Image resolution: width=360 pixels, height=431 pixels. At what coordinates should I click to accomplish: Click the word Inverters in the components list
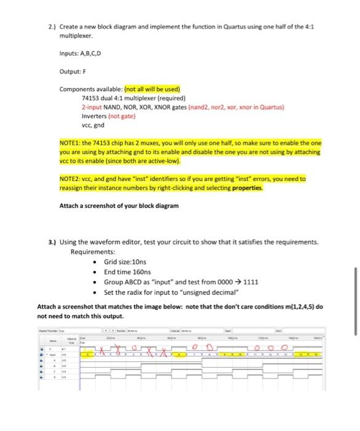pyautogui.click(x=94, y=115)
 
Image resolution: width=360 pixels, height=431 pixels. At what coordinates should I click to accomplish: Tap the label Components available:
pyautogui.click(x=92, y=89)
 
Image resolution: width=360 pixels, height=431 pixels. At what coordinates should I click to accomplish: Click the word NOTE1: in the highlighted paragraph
pyautogui.click(x=71, y=142)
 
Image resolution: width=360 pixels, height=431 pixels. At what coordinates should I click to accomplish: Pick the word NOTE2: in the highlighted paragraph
pyautogui.click(x=71, y=179)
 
